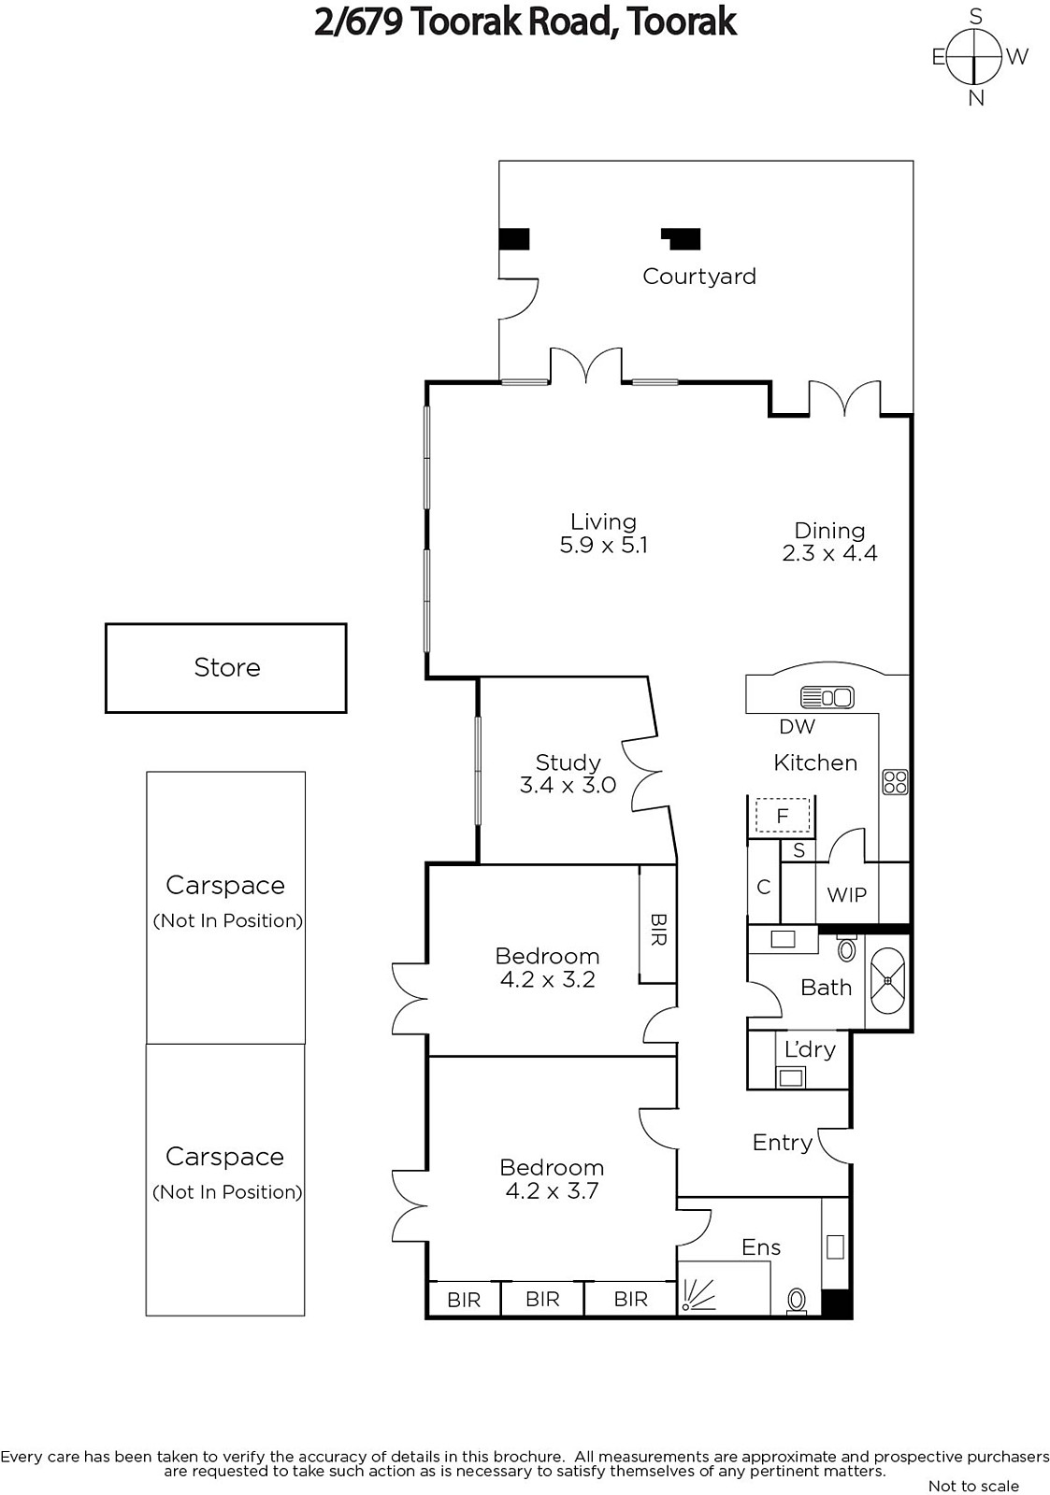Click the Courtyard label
(698, 277)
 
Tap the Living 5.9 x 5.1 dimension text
(603, 546)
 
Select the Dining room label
(829, 530)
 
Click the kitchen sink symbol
(827, 697)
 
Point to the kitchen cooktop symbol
(895, 781)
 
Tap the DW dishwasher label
(797, 726)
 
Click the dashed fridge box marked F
(783, 815)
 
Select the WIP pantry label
(846, 894)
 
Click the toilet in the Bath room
(846, 947)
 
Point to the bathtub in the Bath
(887, 980)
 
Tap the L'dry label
(810, 1050)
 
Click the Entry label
(783, 1143)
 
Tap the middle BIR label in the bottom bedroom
(541, 1299)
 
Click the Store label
(227, 667)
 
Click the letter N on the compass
(976, 99)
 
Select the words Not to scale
(973, 1486)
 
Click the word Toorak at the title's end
(682, 22)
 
